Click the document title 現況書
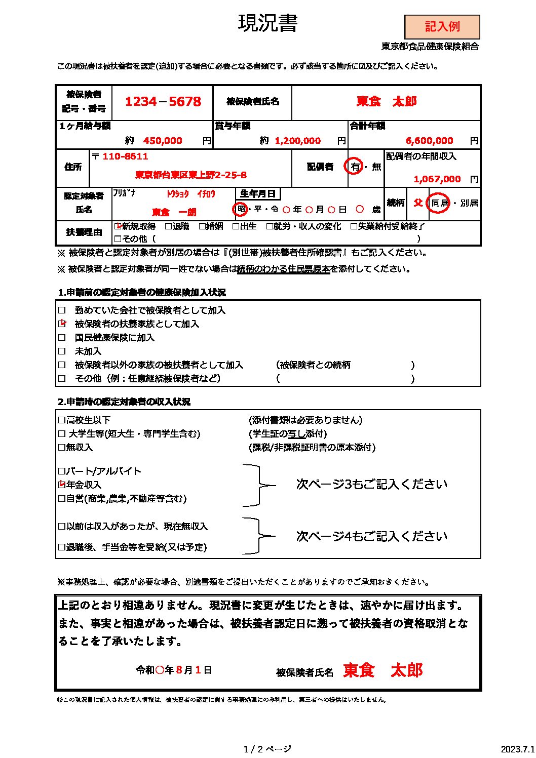pos(267,23)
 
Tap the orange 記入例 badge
pos(442,27)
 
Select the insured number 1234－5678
pos(163,102)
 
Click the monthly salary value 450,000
pos(162,141)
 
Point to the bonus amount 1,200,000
pos(297,141)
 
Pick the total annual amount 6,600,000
pos(429,141)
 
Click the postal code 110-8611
pos(125,156)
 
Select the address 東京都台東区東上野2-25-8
pos(190,175)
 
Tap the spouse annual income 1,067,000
pos(437,179)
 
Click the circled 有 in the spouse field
pos(355,167)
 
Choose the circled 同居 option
pos(439,203)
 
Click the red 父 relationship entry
pos(418,203)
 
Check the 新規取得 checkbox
pos(119,226)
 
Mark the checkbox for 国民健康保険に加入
pos(62,338)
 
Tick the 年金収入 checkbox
pos(62,485)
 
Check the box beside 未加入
pos(62,351)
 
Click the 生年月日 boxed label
pos(258,194)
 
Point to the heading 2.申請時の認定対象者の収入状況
pos(124,402)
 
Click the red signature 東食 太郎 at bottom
pos(382,670)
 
